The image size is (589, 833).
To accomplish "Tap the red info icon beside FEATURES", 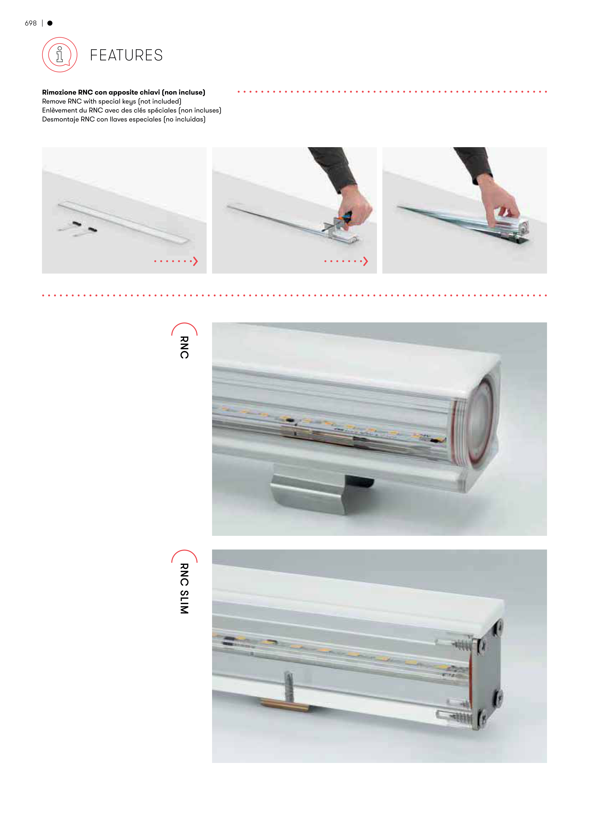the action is coord(60,55).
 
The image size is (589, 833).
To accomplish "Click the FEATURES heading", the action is coord(126,55).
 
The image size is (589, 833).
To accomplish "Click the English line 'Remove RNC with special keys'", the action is coord(112,101).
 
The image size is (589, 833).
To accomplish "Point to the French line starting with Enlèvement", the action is coord(132,110).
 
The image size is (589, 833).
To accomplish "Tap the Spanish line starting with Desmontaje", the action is coord(124,119).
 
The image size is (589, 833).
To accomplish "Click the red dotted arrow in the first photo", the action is coord(176,261).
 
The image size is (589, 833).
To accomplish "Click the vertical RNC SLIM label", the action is coord(184,588).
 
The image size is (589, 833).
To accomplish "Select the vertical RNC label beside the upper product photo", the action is coord(184,347).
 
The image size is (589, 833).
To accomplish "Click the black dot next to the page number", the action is coord(50,23).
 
